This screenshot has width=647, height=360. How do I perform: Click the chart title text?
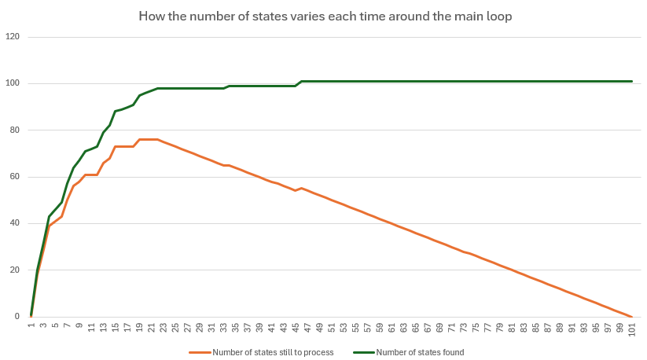click(x=325, y=16)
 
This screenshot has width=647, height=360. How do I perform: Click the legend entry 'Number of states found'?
click(x=420, y=352)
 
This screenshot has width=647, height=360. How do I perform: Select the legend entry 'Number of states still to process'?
click(x=273, y=352)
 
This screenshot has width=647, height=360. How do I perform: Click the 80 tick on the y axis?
click(x=13, y=130)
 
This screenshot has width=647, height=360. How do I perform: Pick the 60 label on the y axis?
click(x=13, y=177)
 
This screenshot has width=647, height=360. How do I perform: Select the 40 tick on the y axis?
click(x=13, y=223)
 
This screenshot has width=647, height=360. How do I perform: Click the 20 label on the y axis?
click(x=13, y=270)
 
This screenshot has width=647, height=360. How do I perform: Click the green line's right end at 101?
click(x=632, y=81)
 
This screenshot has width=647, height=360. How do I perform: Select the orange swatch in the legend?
click(x=200, y=352)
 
